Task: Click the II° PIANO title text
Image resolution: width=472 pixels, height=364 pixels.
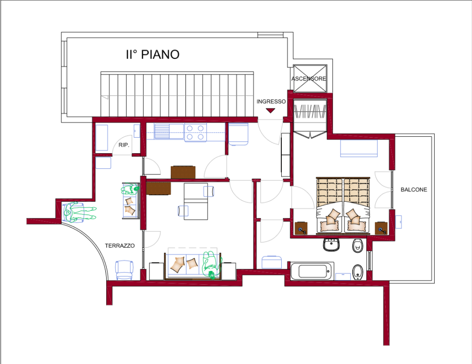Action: [x=152, y=54]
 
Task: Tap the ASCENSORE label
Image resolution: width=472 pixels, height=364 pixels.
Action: [x=309, y=79]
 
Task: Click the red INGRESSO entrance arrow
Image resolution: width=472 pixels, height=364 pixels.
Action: [x=270, y=111]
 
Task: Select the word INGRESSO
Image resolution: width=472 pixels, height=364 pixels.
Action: [x=271, y=101]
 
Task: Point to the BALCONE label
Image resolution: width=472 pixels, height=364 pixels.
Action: [x=413, y=190]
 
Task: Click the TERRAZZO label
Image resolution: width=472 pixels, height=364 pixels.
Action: [x=119, y=246]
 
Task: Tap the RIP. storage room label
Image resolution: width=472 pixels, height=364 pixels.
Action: [x=124, y=145]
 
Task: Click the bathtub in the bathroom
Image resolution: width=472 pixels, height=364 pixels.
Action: [x=312, y=271]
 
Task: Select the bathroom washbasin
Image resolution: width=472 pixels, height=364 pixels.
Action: [x=332, y=245]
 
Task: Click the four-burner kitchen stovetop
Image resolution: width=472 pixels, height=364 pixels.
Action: [x=195, y=132]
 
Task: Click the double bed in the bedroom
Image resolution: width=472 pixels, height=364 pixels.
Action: [x=343, y=206]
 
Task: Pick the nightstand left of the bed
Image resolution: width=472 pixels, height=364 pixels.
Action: [x=301, y=228]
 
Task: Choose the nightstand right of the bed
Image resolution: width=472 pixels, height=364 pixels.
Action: [x=381, y=228]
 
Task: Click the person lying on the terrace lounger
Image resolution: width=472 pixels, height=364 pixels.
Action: [x=79, y=212]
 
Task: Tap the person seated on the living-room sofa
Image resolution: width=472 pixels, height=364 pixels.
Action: [x=211, y=265]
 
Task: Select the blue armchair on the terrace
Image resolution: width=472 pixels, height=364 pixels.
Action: [x=124, y=270]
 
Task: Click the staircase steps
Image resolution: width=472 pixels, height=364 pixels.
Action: [x=177, y=94]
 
